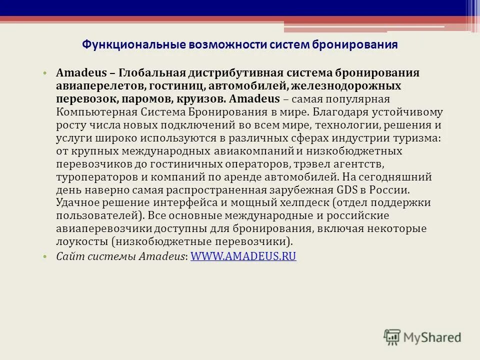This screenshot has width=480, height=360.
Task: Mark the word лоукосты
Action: (82, 242)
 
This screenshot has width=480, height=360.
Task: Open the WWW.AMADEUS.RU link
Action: (243, 256)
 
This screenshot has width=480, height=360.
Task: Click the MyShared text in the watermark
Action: (432, 338)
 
